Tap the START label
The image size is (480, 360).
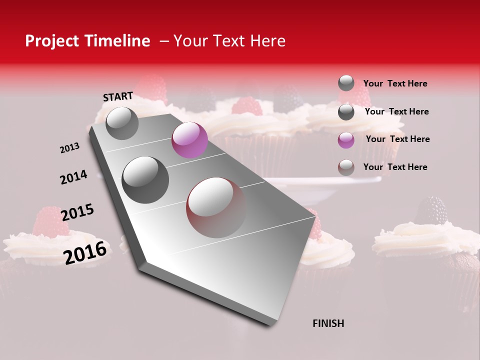(118, 96)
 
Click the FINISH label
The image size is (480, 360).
(328, 323)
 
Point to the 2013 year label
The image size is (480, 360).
(70, 148)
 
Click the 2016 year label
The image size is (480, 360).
(85, 252)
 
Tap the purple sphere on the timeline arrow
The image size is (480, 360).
(189, 140)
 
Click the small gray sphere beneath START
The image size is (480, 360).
(122, 123)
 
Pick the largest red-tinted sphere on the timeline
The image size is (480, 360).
(216, 207)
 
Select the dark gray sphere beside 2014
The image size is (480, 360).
(145, 179)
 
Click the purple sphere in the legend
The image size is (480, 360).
(346, 140)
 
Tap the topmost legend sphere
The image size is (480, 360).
(346, 83)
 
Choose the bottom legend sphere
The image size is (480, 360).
(346, 167)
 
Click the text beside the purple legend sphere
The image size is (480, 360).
(397, 139)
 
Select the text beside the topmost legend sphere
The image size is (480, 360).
(395, 83)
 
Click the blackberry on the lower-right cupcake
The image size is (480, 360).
(431, 210)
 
